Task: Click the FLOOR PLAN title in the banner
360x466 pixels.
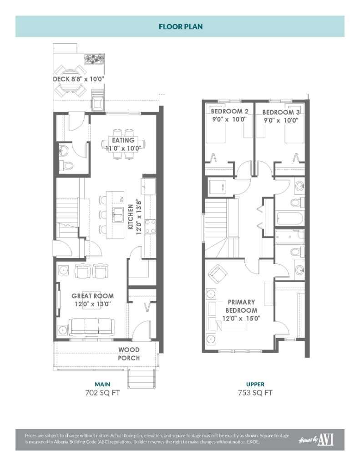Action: [x=180, y=26]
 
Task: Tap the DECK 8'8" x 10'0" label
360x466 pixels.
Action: [x=79, y=79]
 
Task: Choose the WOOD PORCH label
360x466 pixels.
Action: [x=129, y=354]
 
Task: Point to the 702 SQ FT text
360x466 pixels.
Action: [x=102, y=393]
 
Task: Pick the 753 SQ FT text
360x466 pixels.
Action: [x=255, y=393]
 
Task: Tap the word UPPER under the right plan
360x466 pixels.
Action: [x=255, y=384]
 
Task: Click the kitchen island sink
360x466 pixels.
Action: [x=118, y=213]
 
